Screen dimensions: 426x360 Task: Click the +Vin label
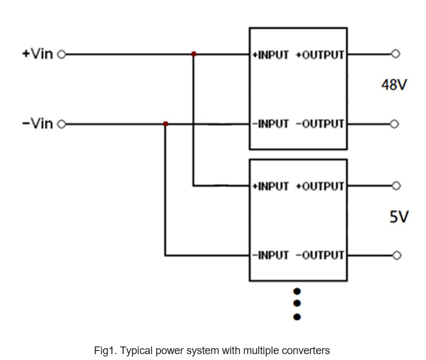coord(38,54)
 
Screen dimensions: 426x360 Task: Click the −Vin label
coord(38,123)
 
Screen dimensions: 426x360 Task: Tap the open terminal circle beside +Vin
coord(62,54)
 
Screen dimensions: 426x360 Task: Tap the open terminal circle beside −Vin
coord(62,124)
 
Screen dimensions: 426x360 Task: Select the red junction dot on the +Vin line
coord(194,54)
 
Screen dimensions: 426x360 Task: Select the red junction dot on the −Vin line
coord(165,124)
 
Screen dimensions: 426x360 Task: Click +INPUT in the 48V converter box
coord(270,55)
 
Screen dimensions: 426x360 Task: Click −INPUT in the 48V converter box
coord(270,124)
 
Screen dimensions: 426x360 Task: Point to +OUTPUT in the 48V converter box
coord(320,55)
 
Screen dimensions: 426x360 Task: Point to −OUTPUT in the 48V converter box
coord(320,124)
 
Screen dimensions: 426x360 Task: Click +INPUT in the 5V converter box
coord(270,186)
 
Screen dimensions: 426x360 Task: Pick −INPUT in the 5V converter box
coord(270,256)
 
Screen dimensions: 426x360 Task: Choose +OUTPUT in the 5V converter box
coord(320,186)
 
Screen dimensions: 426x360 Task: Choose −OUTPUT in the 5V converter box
coord(320,256)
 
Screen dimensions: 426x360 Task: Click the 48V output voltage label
coord(394,85)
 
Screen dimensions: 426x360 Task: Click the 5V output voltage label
coord(399,217)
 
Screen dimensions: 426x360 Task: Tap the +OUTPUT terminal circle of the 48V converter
coord(395,54)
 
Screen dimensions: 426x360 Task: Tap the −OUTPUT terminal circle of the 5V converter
coord(397,256)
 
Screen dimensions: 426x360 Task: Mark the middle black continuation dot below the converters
coord(297,303)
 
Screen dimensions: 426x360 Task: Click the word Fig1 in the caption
coord(104,351)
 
